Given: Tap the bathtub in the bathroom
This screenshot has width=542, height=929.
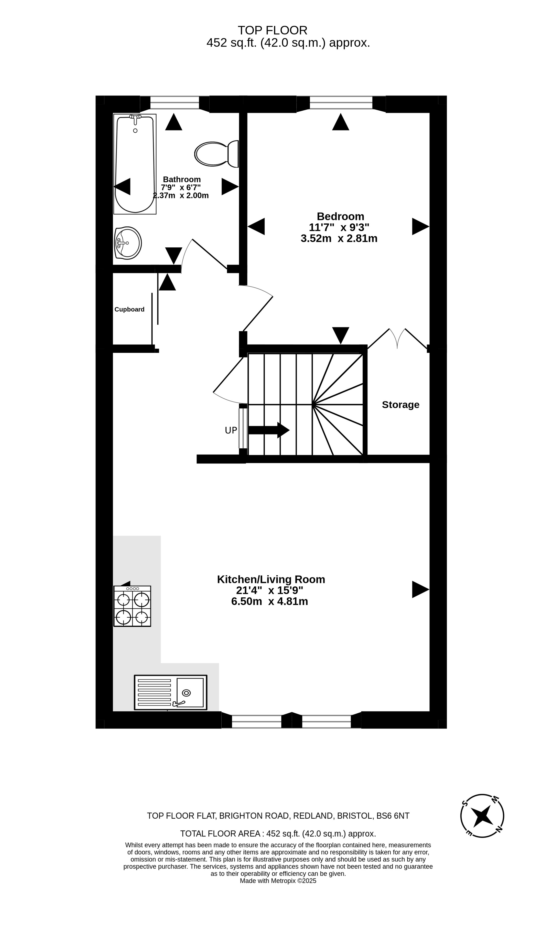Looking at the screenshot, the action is tap(135, 164).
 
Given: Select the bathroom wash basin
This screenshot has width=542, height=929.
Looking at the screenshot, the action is tap(128, 243).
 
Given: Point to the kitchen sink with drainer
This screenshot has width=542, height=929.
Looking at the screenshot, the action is tap(171, 692).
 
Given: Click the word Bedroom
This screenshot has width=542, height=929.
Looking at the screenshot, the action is tap(340, 216).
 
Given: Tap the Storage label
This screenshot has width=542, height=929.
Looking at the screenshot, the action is tap(400, 405).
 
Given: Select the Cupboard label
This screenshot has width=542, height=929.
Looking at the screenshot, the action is tap(129, 309).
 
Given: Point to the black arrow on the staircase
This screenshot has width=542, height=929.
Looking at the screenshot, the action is tap(269, 430).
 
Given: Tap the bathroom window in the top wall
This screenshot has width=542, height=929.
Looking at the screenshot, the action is tap(175, 103).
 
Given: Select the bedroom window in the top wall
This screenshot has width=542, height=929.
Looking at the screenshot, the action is tap(341, 103).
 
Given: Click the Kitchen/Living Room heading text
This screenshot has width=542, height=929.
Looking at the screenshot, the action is tap(271, 579).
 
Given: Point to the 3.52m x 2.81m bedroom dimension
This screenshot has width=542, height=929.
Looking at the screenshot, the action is tap(339, 238).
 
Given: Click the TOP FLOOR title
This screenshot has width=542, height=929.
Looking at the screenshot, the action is tap(273, 30).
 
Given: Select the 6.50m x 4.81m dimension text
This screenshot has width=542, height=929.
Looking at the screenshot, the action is tap(270, 602).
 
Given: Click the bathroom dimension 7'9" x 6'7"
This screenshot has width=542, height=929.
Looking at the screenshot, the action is tap(181, 187).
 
